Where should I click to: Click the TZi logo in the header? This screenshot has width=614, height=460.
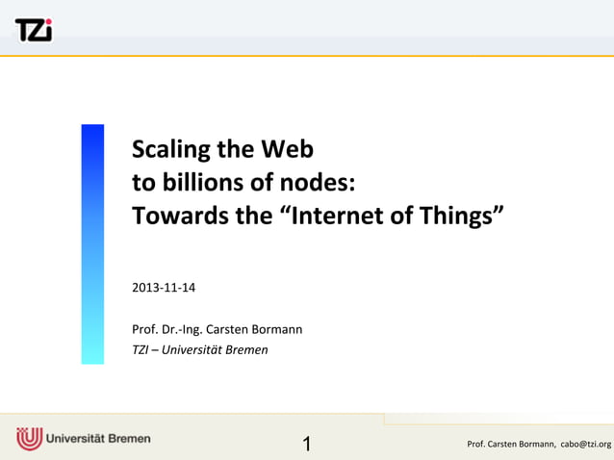33,30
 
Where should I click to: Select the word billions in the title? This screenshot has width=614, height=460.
198,182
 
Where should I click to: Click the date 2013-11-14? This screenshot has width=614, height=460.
164,288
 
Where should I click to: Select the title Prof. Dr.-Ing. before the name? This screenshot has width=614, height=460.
167,329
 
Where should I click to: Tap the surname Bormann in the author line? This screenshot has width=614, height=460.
278,329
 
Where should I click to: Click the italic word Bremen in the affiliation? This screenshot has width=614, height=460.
248,349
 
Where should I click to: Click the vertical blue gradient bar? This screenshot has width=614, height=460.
92,243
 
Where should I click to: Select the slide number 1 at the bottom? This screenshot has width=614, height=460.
307,444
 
